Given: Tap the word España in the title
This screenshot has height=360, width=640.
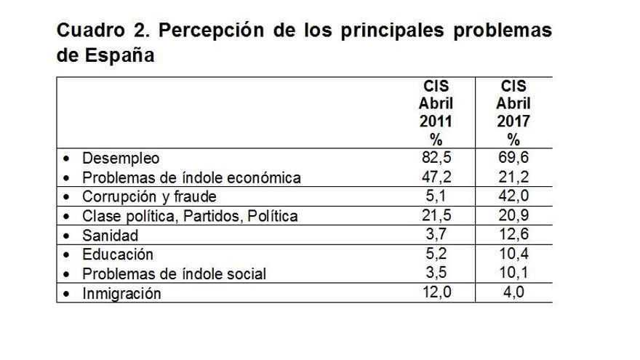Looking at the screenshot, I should (117, 55).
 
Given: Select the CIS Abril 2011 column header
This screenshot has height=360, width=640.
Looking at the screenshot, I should (436, 113).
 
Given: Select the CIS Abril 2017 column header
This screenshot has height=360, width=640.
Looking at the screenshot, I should (513, 113).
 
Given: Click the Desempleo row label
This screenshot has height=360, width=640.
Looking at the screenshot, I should (121, 158).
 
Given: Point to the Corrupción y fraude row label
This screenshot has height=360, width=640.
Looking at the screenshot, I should (149, 197).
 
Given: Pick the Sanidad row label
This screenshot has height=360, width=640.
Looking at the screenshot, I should (110, 236).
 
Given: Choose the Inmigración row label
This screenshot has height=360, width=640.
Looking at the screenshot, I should (121, 294).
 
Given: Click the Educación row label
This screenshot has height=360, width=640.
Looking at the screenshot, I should (118, 255).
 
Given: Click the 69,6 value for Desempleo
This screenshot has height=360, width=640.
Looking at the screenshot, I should (513, 157).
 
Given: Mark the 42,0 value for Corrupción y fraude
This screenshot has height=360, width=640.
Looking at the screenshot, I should (513, 196).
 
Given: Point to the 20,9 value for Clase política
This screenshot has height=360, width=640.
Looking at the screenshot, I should (513, 216).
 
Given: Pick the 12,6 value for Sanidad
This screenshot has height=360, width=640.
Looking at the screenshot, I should (513, 235).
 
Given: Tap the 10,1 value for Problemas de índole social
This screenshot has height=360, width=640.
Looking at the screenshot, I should (513, 273).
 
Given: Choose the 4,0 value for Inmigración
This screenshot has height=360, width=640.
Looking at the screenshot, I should (513, 293).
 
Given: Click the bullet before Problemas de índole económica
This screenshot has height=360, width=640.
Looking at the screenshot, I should (68, 177).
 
